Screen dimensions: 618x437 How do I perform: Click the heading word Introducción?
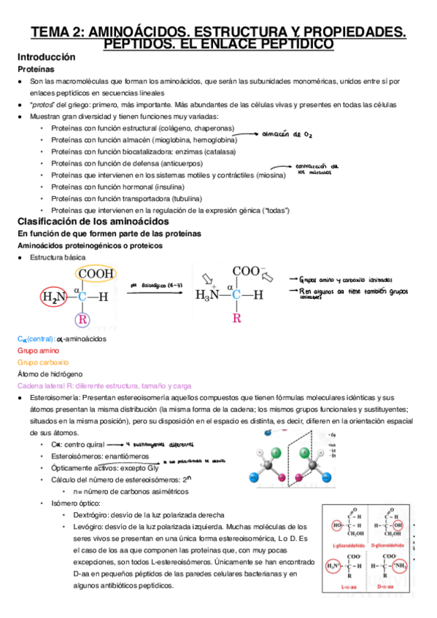coord(46,56)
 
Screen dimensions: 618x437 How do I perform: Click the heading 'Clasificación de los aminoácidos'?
coord(93,221)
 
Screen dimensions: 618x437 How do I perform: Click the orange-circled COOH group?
coord(96,274)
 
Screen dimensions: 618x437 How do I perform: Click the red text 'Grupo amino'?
coord(36,351)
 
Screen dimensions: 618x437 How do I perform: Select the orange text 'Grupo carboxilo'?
coord(43,362)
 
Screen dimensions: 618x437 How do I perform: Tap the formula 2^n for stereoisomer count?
coord(206,480)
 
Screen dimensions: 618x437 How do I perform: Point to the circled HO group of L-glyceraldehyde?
coord(337,525)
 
